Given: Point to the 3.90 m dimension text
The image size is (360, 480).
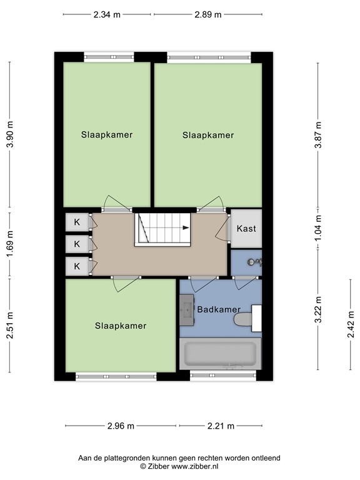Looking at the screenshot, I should click(9, 134).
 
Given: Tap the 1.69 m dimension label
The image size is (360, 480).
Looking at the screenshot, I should click(9, 244).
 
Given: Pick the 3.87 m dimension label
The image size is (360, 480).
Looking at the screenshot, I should click(318, 134).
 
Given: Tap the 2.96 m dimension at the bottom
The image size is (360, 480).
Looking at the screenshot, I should click(121, 426).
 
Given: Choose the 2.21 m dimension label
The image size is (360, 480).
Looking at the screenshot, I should click(221, 426).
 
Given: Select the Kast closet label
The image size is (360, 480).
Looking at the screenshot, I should click(246, 229).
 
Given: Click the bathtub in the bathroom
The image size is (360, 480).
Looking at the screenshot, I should click(219, 354).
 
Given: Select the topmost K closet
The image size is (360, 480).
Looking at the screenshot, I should click(77, 222).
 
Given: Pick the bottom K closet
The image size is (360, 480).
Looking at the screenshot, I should click(77, 266).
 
